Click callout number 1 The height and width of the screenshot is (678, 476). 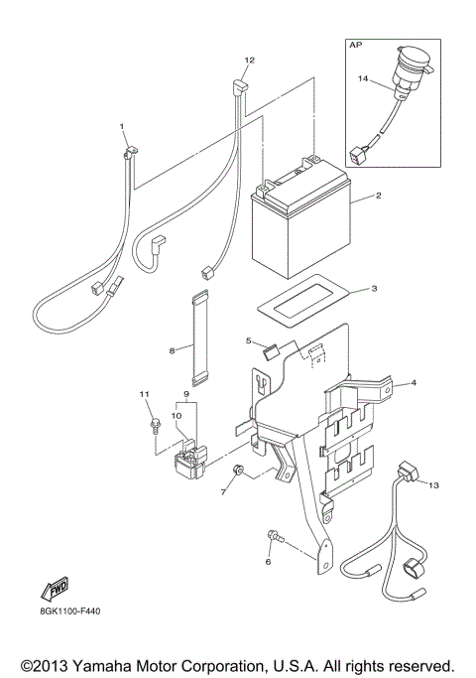123,127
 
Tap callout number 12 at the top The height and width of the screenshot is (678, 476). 250,61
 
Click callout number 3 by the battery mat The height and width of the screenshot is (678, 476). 373,289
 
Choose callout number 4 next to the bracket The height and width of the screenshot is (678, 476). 414,382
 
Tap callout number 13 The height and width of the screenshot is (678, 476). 432,483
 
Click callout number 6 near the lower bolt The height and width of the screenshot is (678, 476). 267,562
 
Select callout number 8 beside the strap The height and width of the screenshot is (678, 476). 172,349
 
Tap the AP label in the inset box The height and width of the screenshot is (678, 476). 354,45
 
